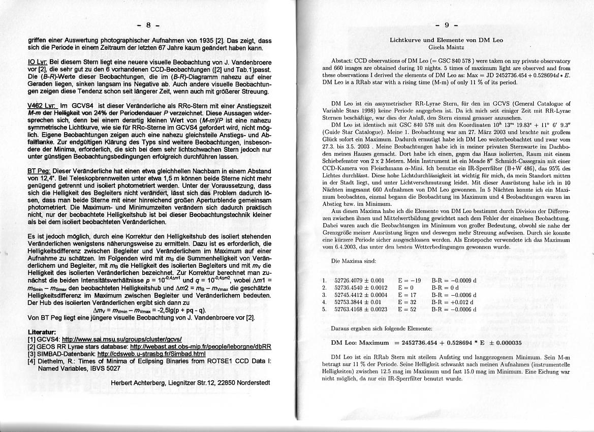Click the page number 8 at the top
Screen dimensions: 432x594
click(x=148, y=24)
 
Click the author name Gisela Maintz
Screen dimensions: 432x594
click(x=446, y=47)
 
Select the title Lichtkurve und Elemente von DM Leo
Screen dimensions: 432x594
click(x=446, y=40)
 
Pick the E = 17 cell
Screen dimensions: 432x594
click(x=407, y=294)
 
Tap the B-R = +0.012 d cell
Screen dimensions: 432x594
click(x=454, y=301)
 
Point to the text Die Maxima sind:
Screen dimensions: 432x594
click(x=353, y=261)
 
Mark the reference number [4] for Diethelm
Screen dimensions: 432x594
click(x=32, y=361)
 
